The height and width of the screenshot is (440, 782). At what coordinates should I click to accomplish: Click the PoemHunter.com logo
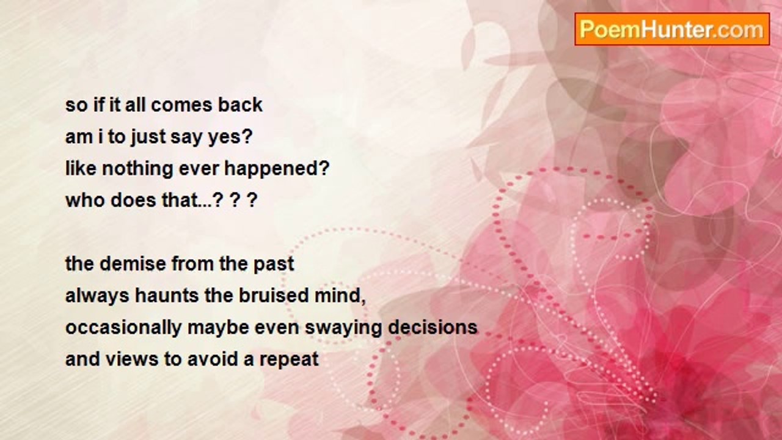672,29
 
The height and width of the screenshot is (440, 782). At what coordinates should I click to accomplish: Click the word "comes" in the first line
181,105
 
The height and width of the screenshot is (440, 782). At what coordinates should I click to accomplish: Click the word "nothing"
137,169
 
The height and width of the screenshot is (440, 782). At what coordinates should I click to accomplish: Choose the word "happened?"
277,169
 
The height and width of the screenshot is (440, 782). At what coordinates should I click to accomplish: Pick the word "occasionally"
123,328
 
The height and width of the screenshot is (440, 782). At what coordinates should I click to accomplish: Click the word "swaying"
343,328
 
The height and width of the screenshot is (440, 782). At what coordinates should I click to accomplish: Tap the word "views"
132,359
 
